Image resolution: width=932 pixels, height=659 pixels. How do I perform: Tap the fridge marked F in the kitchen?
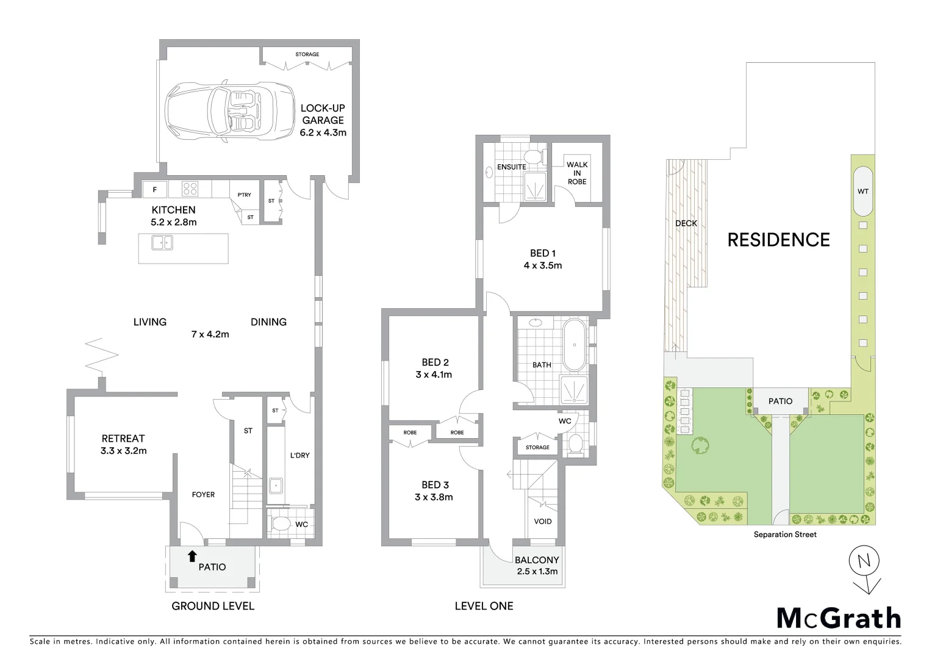click(x=155, y=189)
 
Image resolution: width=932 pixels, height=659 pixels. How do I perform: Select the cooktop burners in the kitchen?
click(x=190, y=189)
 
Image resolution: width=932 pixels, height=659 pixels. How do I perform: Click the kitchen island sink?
click(x=162, y=243)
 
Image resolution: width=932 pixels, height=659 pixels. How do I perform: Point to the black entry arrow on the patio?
click(x=192, y=555)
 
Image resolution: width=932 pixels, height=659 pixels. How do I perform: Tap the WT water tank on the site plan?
click(x=862, y=191)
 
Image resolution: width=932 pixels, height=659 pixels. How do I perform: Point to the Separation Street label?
click(x=784, y=535)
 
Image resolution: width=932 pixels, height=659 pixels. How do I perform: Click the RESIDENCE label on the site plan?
click(x=778, y=240)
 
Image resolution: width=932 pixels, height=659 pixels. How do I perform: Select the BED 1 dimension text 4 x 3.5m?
click(x=542, y=265)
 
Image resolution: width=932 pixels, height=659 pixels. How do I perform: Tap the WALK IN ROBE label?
click(x=576, y=173)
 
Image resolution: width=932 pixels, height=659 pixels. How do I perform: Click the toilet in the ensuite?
click(x=534, y=156)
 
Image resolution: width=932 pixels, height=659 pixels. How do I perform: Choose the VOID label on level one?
click(x=542, y=521)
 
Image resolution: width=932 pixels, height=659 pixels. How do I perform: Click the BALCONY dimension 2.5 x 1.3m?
click(x=537, y=572)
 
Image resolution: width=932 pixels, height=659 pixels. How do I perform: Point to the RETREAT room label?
click(x=123, y=438)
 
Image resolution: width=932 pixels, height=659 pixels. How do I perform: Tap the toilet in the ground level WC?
click(x=282, y=524)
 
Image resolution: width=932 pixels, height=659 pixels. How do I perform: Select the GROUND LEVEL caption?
click(x=212, y=606)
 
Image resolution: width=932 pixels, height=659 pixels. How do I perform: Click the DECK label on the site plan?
click(x=686, y=223)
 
